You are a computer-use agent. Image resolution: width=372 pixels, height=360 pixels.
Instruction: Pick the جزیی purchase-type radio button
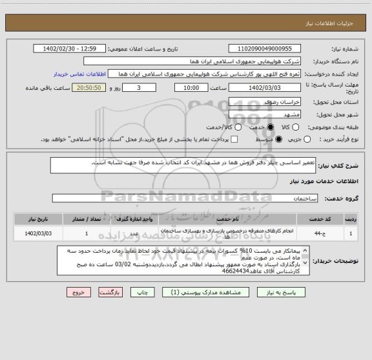[306, 138]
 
